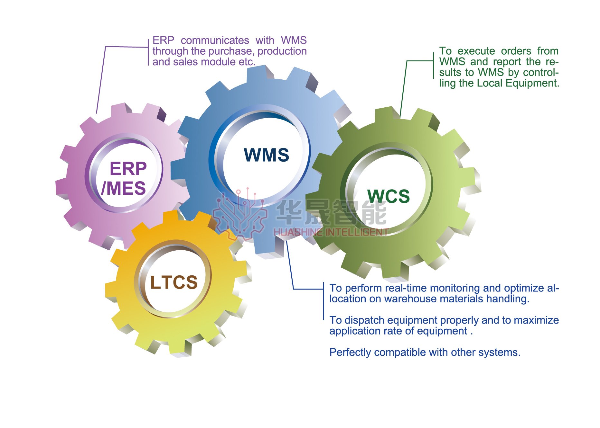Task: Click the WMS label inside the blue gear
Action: pos(266,155)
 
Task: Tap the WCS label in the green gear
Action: pos(388,196)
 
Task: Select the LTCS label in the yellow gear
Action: pos(174,282)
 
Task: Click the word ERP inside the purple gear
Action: pos(128,169)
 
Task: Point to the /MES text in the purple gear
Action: pos(123,188)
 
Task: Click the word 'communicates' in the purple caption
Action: pos(215,40)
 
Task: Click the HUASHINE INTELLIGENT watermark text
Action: pos(331,232)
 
